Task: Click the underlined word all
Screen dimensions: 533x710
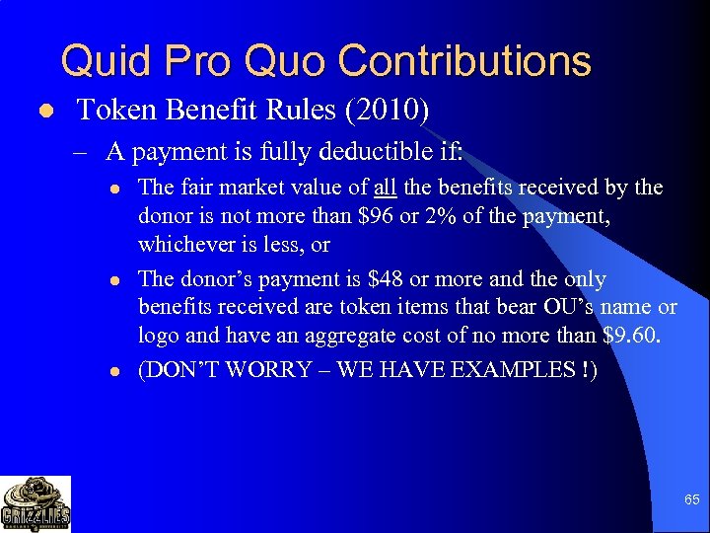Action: point(386,188)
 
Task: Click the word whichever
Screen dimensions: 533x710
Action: point(183,244)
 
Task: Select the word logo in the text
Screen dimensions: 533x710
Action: point(158,336)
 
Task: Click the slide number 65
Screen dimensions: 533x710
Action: point(692,500)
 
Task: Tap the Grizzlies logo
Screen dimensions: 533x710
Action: point(35,503)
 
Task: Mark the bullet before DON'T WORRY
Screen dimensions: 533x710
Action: point(115,371)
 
